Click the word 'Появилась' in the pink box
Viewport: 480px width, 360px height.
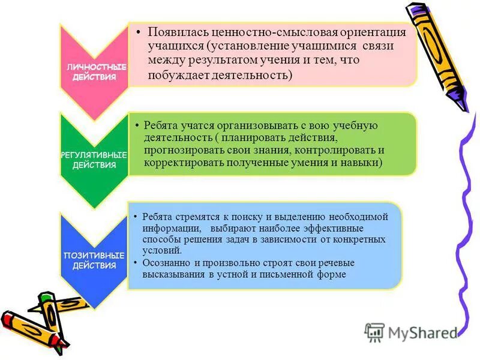coord(174,32)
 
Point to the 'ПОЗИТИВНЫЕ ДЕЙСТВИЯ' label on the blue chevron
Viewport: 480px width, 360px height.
coord(94,260)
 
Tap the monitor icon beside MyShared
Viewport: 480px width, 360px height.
coord(374,332)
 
